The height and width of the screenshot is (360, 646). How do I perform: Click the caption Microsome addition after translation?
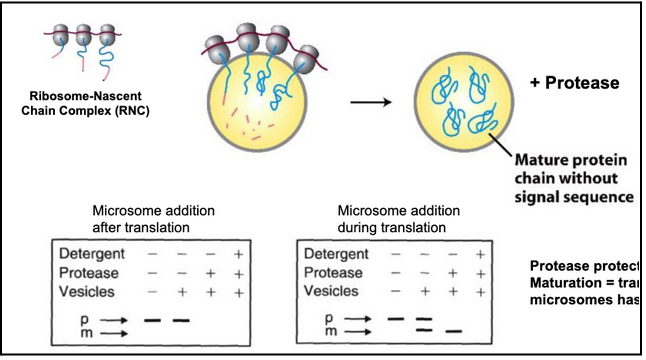coord(156,219)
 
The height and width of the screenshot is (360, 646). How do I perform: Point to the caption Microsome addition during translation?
coord(400,219)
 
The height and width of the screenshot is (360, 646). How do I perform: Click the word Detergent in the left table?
coord(93,253)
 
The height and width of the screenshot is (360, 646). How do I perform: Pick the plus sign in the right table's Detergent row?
coord(479,253)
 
